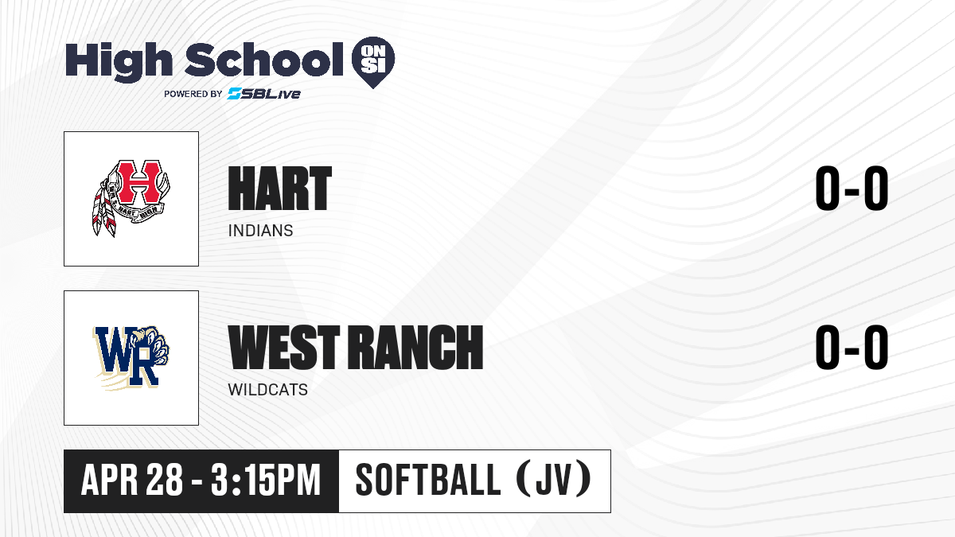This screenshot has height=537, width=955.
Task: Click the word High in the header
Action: [119, 62]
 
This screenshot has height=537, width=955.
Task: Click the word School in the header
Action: [264, 59]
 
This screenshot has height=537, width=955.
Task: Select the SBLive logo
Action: [263, 93]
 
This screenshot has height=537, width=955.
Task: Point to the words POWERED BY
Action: [193, 94]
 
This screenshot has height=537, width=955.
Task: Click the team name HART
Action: [279, 189]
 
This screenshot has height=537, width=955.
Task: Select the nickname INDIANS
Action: [260, 231]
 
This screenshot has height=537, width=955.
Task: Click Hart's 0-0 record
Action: [852, 189]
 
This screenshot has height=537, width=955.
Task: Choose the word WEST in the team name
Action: [284, 347]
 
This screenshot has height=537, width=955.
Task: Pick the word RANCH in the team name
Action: [415, 347]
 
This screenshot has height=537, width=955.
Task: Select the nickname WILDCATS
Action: [267, 390]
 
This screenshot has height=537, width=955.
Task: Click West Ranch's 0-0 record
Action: [852, 348]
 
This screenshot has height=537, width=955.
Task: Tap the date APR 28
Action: [132, 480]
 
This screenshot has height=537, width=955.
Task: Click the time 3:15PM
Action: [265, 480]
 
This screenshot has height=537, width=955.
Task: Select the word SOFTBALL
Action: [428, 480]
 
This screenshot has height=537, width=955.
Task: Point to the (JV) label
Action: [554, 479]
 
